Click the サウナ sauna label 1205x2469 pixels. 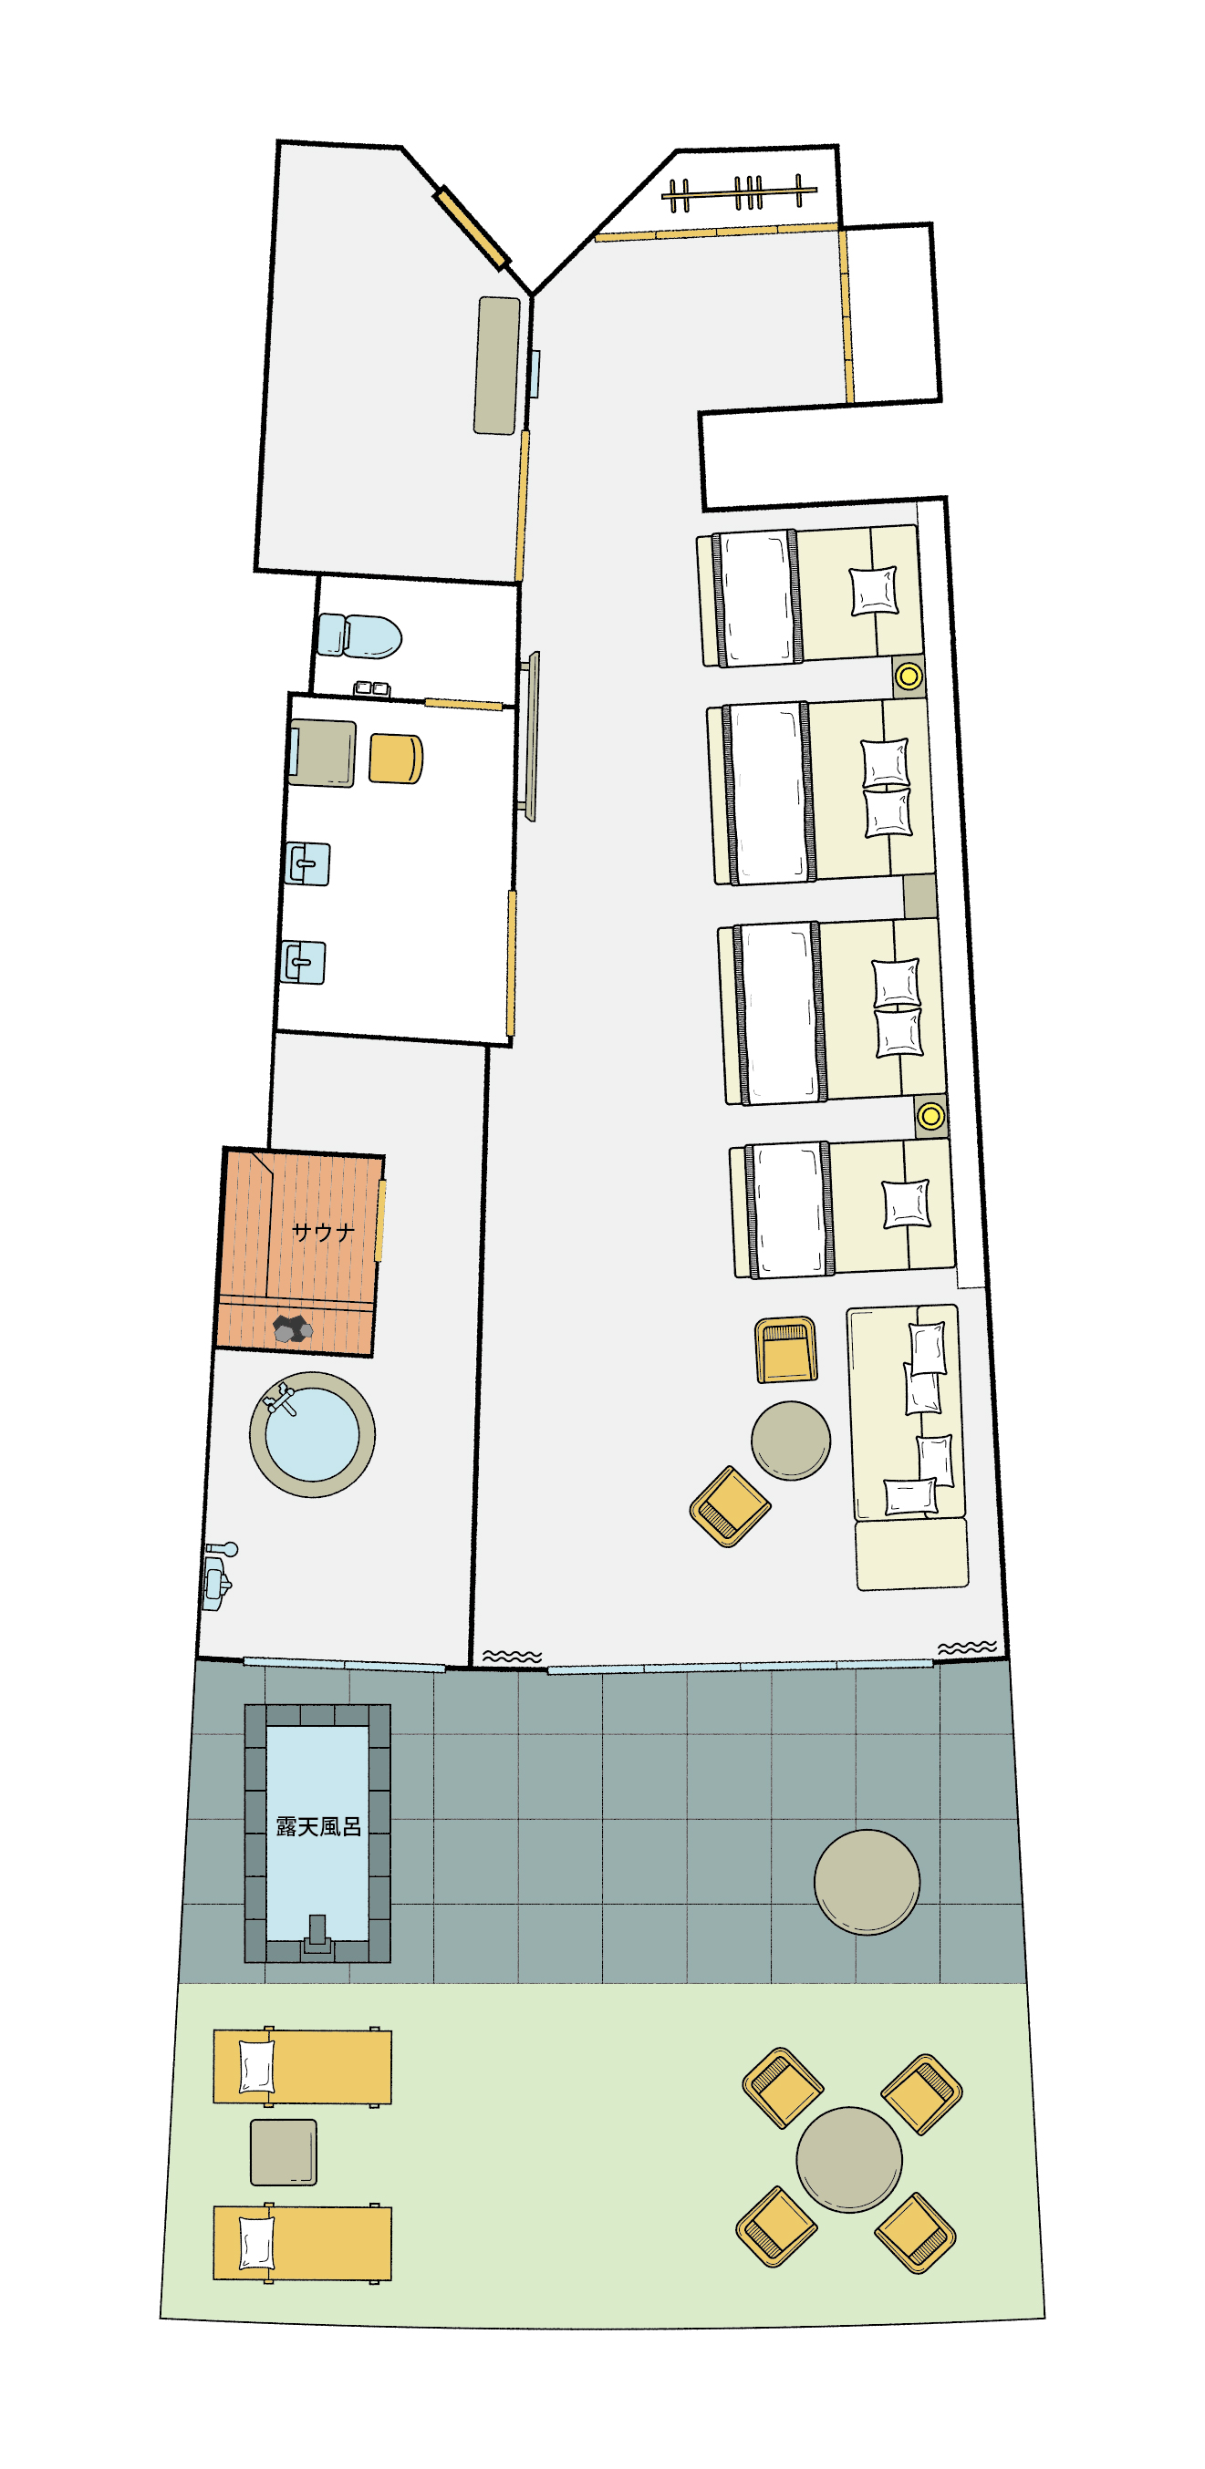coord(322,1232)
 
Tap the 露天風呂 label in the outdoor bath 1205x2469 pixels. coord(318,1827)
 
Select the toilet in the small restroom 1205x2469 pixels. coord(358,636)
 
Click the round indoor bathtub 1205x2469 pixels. coord(312,1435)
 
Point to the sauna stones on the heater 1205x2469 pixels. coord(293,1328)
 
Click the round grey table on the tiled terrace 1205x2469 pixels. coord(867,1883)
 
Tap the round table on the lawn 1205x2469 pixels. coord(848,2159)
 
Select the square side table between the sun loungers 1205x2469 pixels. coord(284,2152)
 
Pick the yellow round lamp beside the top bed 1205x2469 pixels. coord(908,676)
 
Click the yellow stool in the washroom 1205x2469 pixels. coord(396,759)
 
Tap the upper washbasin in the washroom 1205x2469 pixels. coord(308,863)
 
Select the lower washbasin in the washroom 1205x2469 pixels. coord(303,962)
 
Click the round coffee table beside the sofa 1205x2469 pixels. coord(791,1441)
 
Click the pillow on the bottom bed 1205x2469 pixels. coord(905,1204)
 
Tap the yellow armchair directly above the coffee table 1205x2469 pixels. coord(786,1349)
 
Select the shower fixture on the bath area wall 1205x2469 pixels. coord(220,1575)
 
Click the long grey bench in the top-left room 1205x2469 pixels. coord(496,366)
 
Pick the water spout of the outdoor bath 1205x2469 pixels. coord(317,1934)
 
